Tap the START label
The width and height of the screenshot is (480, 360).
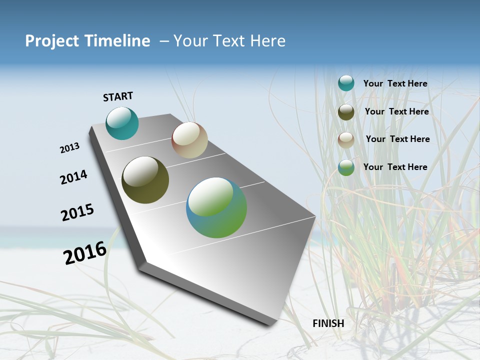tap(118, 96)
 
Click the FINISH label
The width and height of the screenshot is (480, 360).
tap(328, 323)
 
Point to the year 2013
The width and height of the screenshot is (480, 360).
tap(70, 148)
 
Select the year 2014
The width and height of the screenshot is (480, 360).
tap(73, 177)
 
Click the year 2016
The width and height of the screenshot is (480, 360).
tap(85, 253)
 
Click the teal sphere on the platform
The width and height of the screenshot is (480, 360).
tap(122, 123)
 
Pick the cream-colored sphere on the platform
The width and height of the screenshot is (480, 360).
tap(189, 140)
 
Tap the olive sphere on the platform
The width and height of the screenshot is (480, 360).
tap(145, 180)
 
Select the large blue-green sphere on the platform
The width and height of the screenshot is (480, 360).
tap(216, 207)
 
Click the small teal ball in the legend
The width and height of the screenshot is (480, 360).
tap(346, 83)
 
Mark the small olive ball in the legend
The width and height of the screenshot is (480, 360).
tap(346, 111)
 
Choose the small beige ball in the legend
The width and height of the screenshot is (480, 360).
tap(346, 139)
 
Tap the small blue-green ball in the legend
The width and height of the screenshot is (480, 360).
tap(346, 167)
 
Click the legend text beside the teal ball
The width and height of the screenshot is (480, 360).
tap(395, 84)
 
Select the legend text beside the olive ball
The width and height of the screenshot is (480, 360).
tap(396, 111)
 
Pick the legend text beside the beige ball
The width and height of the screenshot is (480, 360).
tap(397, 139)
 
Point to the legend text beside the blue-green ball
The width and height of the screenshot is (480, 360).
tap(395, 167)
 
